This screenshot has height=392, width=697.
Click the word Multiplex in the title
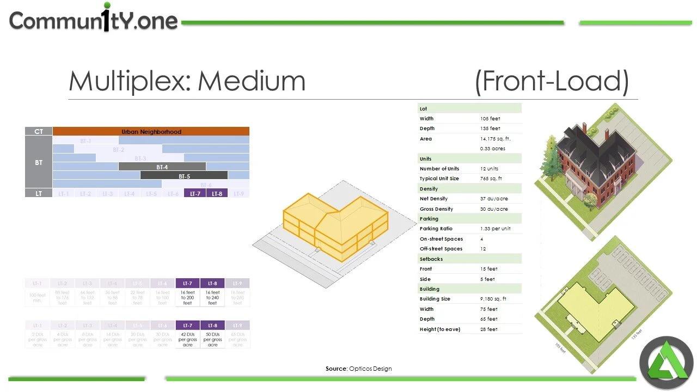coord(132,81)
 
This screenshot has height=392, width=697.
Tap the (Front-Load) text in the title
coord(552,81)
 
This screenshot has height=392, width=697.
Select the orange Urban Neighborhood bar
coord(151,131)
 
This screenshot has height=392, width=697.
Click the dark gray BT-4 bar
coord(162,167)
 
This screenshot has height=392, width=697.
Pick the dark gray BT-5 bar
coord(184,176)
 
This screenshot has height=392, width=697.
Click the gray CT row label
coord(39,131)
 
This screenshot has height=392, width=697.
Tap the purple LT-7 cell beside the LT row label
coord(195,193)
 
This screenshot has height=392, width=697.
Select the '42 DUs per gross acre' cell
coord(188,339)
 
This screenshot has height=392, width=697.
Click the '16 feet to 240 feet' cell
coord(212,297)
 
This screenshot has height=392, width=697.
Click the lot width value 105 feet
coord(490,119)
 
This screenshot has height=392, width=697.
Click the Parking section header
coord(429,219)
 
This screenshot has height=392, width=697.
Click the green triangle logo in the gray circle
coord(666,363)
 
